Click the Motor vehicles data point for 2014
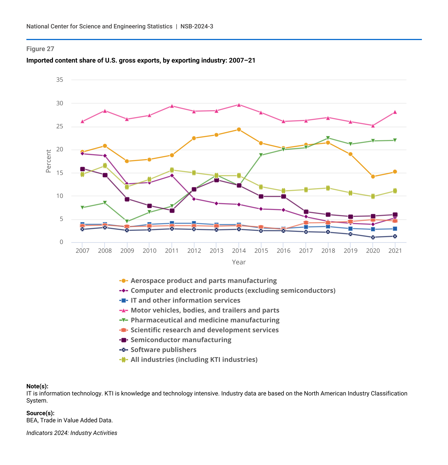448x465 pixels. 239,105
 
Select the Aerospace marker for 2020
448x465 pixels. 373,177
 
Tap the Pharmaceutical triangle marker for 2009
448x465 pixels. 127,221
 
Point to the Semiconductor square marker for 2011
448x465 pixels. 172,211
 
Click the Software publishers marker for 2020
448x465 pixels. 373,237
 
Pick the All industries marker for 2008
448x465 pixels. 105,166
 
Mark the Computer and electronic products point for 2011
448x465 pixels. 172,176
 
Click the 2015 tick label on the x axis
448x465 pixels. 261,251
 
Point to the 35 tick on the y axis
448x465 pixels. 60,80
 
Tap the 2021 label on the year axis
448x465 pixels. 395,251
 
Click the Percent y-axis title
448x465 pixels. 49,161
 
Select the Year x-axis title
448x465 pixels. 239,262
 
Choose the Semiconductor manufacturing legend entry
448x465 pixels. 181,340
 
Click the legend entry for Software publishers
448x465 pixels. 163,350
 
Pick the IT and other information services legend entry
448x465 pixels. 185,300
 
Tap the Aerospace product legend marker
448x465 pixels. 123,281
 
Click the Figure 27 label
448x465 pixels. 40,49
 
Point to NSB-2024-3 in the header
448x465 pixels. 197,26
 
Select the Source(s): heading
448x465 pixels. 40,413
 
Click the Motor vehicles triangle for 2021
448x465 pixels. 395,112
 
